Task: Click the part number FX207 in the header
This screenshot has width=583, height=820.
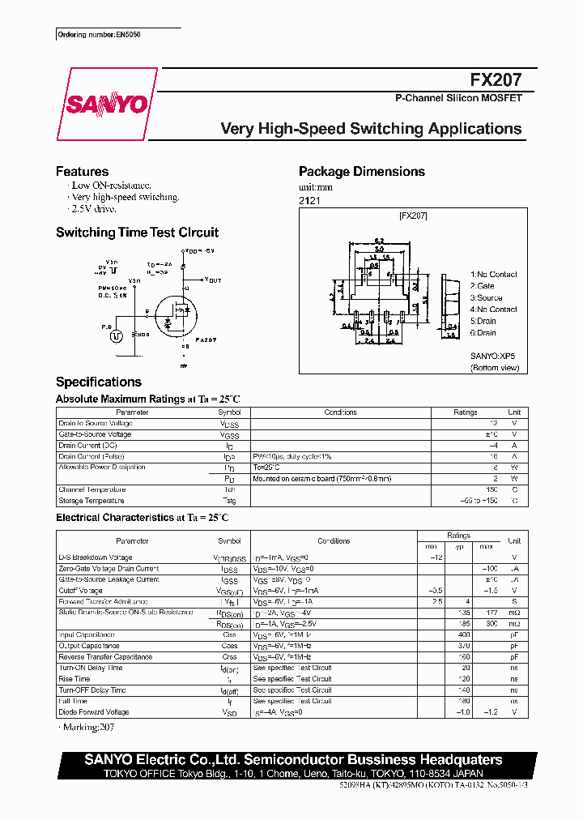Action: (x=496, y=80)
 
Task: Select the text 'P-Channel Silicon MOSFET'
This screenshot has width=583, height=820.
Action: (x=457, y=98)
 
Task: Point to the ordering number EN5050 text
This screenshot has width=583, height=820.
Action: (x=104, y=36)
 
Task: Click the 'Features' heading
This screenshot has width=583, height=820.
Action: (x=82, y=172)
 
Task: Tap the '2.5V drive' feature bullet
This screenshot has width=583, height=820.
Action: (x=94, y=208)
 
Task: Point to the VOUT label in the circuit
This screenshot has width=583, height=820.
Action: (x=213, y=280)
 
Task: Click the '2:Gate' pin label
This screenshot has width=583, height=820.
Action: (x=483, y=286)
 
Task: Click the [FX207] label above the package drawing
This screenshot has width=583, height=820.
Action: (x=413, y=216)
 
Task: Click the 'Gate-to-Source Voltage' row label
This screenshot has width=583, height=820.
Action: (x=95, y=434)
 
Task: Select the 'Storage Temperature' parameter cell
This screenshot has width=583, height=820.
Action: (x=91, y=501)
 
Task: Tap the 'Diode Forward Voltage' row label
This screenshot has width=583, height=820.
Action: (x=93, y=712)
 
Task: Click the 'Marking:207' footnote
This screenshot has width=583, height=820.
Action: (x=90, y=728)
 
